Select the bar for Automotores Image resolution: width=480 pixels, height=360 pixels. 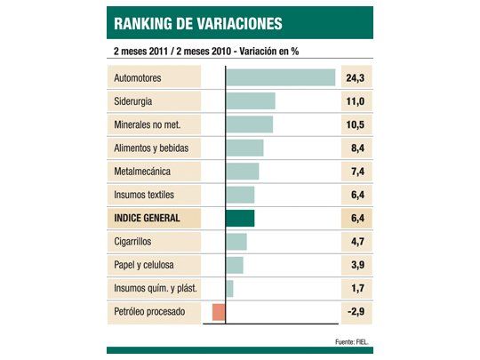(281, 78)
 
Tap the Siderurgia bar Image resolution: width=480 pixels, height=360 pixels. (251, 101)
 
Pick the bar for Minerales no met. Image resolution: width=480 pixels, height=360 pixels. (250, 124)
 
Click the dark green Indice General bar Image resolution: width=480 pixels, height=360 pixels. (240, 219)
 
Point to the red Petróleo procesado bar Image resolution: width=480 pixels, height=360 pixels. (219, 312)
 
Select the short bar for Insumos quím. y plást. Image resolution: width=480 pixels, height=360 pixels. (230, 289)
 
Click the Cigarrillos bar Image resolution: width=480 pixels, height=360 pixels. (236, 242)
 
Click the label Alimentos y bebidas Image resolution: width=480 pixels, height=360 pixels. (152, 148)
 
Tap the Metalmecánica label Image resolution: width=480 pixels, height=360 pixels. (142, 172)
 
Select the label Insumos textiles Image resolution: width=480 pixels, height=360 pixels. (145, 195)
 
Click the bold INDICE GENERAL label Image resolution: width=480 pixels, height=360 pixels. (148, 219)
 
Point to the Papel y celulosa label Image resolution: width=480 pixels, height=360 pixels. (144, 265)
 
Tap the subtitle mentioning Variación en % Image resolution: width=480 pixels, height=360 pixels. (205, 51)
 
